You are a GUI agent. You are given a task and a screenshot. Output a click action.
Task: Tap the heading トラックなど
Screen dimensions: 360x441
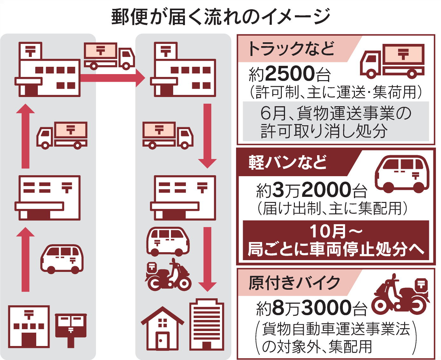pyautogui.click(x=291, y=49)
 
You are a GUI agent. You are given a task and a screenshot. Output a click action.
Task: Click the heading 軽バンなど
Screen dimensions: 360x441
pyautogui.click(x=288, y=162)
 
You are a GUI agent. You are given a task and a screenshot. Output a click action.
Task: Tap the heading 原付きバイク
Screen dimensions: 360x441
pyautogui.click(x=294, y=282)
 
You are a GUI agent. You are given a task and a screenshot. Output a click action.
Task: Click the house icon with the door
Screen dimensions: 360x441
pyautogui.click(x=162, y=329)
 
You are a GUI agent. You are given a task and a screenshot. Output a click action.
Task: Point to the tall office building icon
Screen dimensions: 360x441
pyautogui.click(x=207, y=324)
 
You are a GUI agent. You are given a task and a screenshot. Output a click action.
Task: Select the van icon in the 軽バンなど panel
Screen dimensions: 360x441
pyautogui.click(x=402, y=174)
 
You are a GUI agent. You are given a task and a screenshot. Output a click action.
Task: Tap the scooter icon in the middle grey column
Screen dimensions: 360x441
pyautogui.click(x=168, y=275)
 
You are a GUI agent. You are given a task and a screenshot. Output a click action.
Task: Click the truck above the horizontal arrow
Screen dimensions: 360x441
pyautogui.click(x=109, y=56)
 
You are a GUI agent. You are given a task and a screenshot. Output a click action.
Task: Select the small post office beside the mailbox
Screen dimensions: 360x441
pyautogui.click(x=29, y=327)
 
